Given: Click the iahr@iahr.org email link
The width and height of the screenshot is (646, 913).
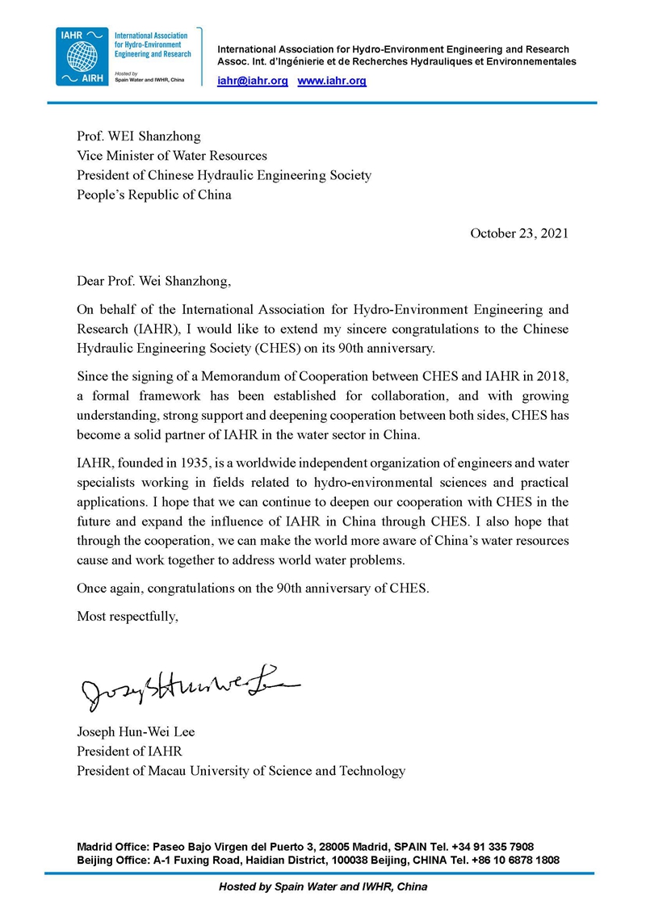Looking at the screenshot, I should coord(253,81).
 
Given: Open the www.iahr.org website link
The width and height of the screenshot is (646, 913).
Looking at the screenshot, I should coord(332,81).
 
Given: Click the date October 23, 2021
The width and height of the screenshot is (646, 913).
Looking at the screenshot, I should coord(519,233).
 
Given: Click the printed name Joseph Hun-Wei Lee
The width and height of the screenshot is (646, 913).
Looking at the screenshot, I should coord(136,732).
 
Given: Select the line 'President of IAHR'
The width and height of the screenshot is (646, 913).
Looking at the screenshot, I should coord(129,752).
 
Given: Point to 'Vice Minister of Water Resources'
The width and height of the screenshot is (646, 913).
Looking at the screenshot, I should coord(171,155).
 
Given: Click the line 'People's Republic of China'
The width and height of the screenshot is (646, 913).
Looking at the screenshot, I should coord(153,195).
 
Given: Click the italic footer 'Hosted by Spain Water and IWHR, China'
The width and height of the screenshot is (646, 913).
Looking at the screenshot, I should coord(323,886).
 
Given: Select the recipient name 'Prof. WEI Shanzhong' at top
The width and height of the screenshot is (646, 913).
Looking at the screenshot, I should coord(138,136).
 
